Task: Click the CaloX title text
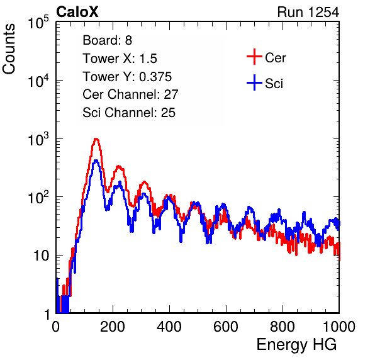[77, 12]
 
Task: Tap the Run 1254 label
[308, 12]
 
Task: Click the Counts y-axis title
[9, 49]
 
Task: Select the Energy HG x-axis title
[296, 344]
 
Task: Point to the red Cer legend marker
[254, 57]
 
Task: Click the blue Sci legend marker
[254, 82]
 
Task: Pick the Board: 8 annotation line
[107, 40]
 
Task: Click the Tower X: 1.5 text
[120, 59]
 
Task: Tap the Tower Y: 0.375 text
[127, 77]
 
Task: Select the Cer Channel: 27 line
[130, 94]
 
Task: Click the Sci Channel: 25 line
[129, 113]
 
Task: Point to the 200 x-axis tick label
[113, 327]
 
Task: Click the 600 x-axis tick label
[226, 327]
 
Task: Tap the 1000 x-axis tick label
[339, 327]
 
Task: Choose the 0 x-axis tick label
[55, 327]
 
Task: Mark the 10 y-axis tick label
[41, 256]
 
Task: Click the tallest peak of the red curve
[96, 138]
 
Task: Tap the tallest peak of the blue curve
[96, 160]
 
